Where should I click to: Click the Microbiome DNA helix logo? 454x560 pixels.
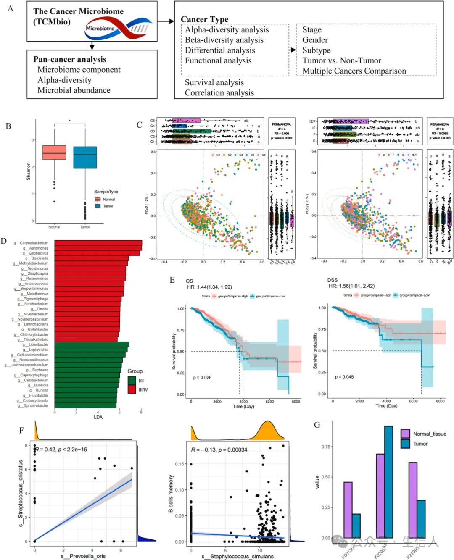coord(118,29)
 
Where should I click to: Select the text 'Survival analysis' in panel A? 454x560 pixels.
coord(214,82)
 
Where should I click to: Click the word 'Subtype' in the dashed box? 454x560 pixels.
coord(316,50)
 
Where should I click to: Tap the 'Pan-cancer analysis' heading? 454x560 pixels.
coord(69,59)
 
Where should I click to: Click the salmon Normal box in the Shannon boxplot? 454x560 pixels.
coord(54,152)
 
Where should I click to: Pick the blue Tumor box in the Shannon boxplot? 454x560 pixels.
coord(85,158)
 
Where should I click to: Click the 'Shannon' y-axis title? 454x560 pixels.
coord(29,171)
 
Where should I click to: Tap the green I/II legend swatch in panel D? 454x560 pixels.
coord(132,381)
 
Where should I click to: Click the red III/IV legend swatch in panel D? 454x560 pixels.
coord(132,389)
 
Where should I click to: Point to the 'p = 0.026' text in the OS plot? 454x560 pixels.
coord(202,377)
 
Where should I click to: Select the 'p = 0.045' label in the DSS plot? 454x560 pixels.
coord(344,377)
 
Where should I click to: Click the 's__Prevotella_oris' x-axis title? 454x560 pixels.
coord(83,556)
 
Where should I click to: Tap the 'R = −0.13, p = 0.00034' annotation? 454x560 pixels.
coord(219,450)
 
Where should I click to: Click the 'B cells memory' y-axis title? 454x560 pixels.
coord(171,494)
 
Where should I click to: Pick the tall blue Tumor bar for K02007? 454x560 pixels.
coord(388,482)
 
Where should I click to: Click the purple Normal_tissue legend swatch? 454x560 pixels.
coord(405,434)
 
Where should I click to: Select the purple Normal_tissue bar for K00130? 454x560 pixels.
coord(348,510)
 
